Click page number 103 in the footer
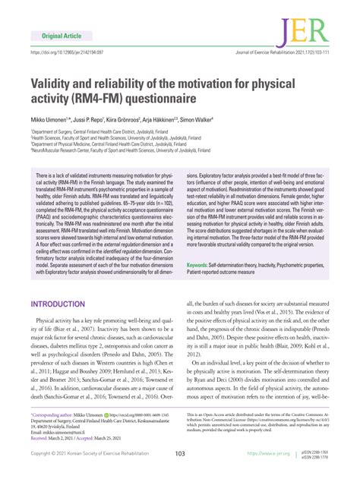coord(180,454)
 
